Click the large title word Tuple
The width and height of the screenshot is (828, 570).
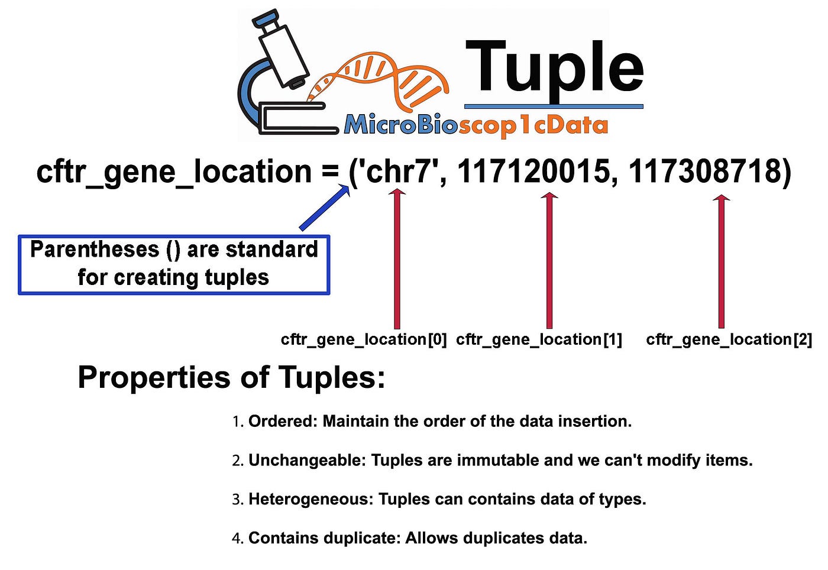554,68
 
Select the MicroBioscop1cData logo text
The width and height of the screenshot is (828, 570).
476,125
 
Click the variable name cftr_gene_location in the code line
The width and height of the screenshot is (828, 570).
173,172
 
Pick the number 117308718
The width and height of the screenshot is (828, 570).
704,172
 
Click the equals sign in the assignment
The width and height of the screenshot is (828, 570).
331,172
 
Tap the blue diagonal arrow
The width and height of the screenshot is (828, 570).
324,208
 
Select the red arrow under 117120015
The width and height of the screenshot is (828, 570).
549,260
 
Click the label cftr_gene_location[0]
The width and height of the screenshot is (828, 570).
364,339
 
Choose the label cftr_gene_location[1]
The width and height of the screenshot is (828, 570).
539,339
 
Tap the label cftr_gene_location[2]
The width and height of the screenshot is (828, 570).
729,339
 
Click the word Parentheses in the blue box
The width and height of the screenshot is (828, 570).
95,250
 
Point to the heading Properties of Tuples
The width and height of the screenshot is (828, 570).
231,377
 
